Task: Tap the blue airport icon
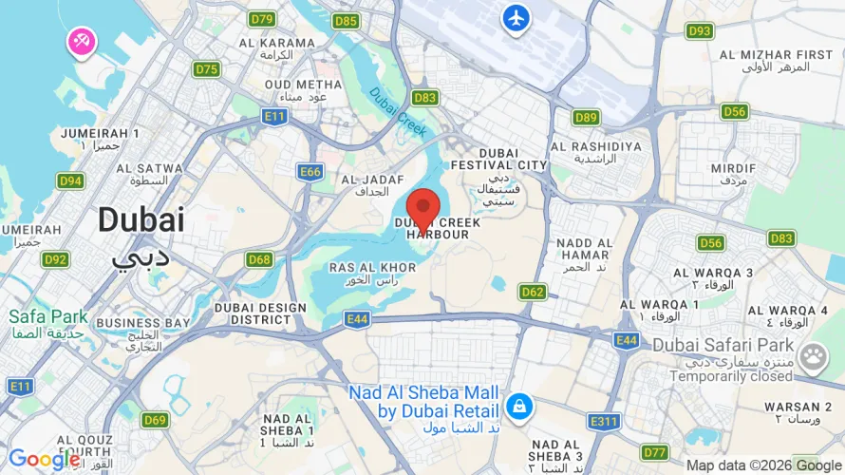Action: [516, 18]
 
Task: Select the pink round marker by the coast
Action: [81, 41]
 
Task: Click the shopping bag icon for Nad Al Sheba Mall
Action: [518, 407]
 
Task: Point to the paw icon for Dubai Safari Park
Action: [813, 356]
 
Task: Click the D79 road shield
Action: [261, 19]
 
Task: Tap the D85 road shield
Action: [347, 21]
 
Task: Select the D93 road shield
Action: [700, 31]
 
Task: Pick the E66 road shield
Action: [310, 172]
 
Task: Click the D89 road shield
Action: [586, 118]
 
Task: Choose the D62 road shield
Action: [533, 292]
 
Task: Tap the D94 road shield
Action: [70, 180]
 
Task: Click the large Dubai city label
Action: [141, 220]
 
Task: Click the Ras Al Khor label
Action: [372, 268]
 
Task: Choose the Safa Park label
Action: [47, 316]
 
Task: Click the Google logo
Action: [45, 460]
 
